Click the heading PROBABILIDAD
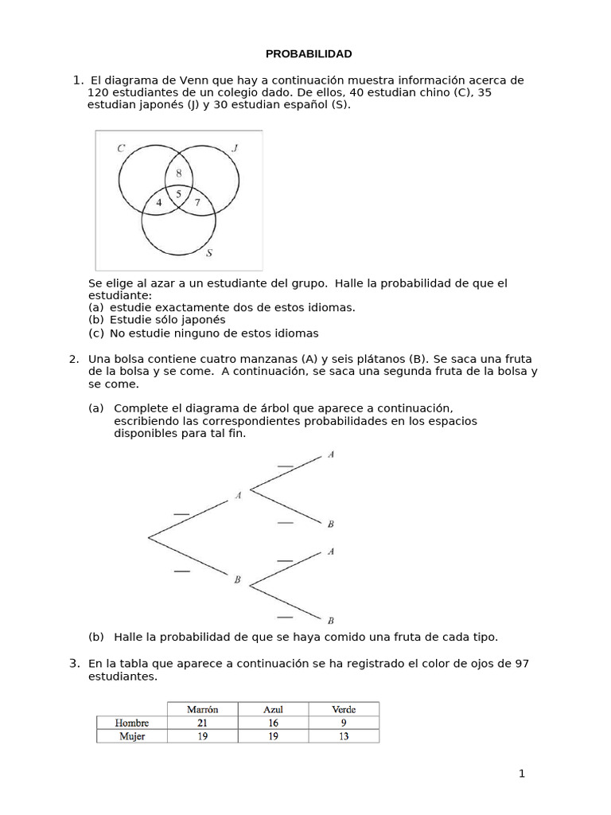point(308,53)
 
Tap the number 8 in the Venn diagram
point(178,173)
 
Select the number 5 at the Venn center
point(178,193)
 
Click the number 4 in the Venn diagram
point(159,202)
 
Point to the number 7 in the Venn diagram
point(197,202)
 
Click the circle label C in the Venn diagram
point(120,148)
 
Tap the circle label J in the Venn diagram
point(235,147)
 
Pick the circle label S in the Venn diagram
point(209,254)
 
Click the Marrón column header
point(202,709)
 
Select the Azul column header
point(274,709)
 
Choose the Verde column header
point(344,709)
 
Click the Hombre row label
point(132,723)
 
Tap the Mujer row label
point(132,736)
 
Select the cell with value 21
point(202,723)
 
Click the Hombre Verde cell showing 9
point(344,723)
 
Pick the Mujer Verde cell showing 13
point(344,736)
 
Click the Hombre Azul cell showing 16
point(274,723)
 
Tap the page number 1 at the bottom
point(522,773)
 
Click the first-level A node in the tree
point(238,496)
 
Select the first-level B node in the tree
point(237,580)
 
